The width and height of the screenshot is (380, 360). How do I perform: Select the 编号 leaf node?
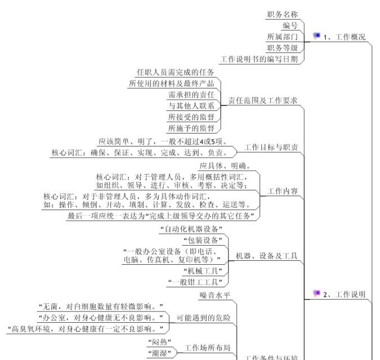click(290, 26)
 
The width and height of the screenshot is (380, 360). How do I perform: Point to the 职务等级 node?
click(283, 48)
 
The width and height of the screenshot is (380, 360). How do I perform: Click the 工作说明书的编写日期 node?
click(260, 59)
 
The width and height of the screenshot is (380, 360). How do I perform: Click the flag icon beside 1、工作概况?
click(316, 36)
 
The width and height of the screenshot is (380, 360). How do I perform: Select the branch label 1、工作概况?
click(345, 37)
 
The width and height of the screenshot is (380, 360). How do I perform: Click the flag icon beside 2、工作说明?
click(316, 293)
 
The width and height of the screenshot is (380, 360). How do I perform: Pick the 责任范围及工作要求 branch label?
click(262, 100)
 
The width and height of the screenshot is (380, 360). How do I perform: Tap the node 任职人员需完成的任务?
click(176, 73)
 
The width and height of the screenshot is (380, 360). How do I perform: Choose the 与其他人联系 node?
click(191, 106)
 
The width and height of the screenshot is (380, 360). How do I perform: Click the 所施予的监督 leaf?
click(191, 128)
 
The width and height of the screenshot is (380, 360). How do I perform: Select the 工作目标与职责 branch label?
click(271, 148)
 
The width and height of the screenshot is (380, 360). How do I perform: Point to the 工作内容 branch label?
click(283, 191)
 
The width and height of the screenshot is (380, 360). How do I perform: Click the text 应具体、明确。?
click(225, 166)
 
